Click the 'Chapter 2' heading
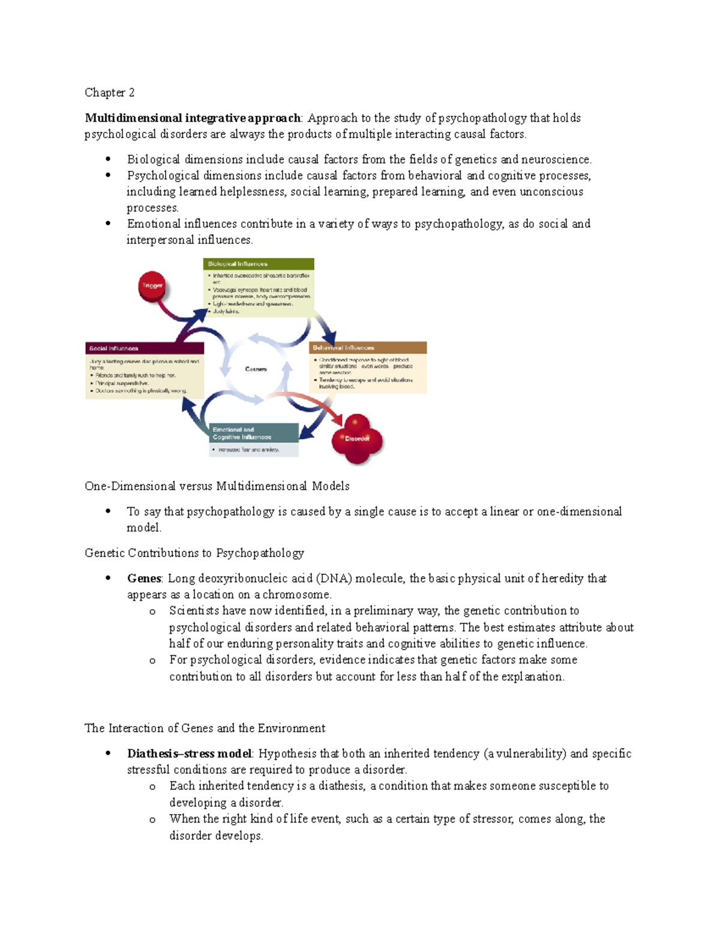pos(109,92)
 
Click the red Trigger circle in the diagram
pos(152,286)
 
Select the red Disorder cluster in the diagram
pos(357,439)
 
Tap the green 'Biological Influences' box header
pos(259,264)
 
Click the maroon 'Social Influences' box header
pos(145,348)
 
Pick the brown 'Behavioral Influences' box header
pos(368,348)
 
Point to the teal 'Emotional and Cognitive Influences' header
pos(254,433)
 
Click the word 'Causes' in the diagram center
pos(256,369)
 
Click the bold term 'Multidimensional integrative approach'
pos(193,118)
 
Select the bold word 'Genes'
pos(144,579)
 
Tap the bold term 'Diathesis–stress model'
pos(189,754)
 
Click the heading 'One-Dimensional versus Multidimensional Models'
pos(217,486)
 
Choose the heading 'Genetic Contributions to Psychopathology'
pos(194,553)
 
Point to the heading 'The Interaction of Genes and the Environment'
pos(205,728)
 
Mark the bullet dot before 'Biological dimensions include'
pos(108,159)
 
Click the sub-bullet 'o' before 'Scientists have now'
pos(152,611)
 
